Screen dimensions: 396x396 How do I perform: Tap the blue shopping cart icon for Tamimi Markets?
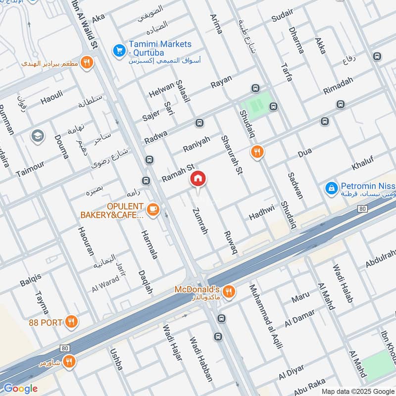pyautogui.click(x=119, y=50)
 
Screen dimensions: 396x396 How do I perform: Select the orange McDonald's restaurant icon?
pyautogui.click(x=228, y=292)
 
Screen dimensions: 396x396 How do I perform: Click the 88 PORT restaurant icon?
pyautogui.click(x=72, y=322)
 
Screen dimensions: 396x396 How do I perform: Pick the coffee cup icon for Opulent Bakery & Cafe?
pyautogui.click(x=153, y=210)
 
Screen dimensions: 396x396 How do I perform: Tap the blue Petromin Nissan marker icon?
pyautogui.click(x=331, y=188)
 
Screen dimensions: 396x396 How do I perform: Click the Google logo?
pyautogui.click(x=20, y=389)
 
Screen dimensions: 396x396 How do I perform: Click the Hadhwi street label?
pyautogui.click(x=261, y=212)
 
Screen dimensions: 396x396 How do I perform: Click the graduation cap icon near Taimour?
pyautogui.click(x=37, y=136)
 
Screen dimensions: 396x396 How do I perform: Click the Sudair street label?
pyautogui.click(x=283, y=18)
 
